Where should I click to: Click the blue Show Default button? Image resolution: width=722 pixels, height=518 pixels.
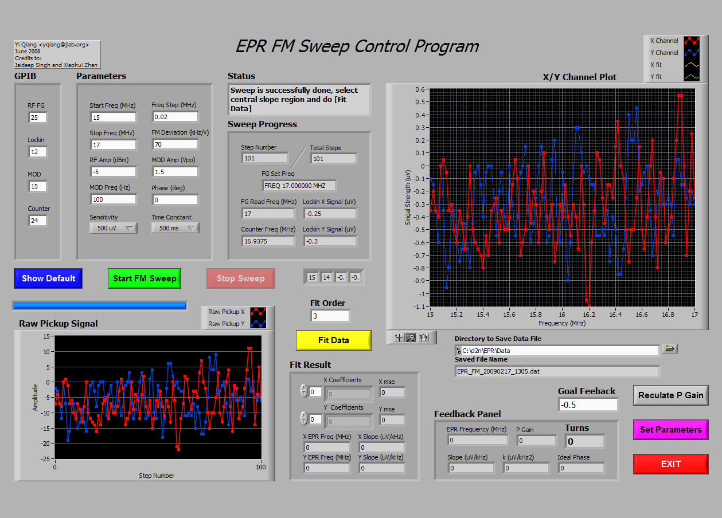point(48,278)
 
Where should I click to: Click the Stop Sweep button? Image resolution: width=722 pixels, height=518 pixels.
point(241,278)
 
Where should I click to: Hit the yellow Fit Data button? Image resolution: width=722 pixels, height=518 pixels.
point(334,340)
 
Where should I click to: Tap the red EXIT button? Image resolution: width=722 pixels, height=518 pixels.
point(671,464)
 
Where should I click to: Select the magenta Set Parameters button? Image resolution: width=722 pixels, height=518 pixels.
point(671,430)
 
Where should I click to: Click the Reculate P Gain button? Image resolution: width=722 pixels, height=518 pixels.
point(671,395)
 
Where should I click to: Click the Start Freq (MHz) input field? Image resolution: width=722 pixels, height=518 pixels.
point(113,117)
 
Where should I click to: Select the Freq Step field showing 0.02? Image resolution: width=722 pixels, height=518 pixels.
point(175,117)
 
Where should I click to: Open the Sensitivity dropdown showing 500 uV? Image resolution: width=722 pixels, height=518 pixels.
point(114,228)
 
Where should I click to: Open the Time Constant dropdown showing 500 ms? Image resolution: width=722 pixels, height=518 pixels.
point(175,228)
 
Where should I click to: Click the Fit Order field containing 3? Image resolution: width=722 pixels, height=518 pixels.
point(330,316)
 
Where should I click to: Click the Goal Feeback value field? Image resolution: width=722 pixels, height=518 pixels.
point(588,405)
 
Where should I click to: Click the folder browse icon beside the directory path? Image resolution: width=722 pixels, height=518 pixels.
point(670,348)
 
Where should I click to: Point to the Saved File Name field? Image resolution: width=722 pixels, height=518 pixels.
point(557,371)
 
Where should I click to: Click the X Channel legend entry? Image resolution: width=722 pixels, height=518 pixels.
point(674,41)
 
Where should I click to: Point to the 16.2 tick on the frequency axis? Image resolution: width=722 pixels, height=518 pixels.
point(589,315)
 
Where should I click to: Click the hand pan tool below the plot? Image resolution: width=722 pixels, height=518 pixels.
point(423,338)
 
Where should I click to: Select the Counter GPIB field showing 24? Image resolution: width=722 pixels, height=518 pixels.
point(38,221)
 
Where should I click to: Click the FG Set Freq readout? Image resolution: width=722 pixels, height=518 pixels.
point(299,186)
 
